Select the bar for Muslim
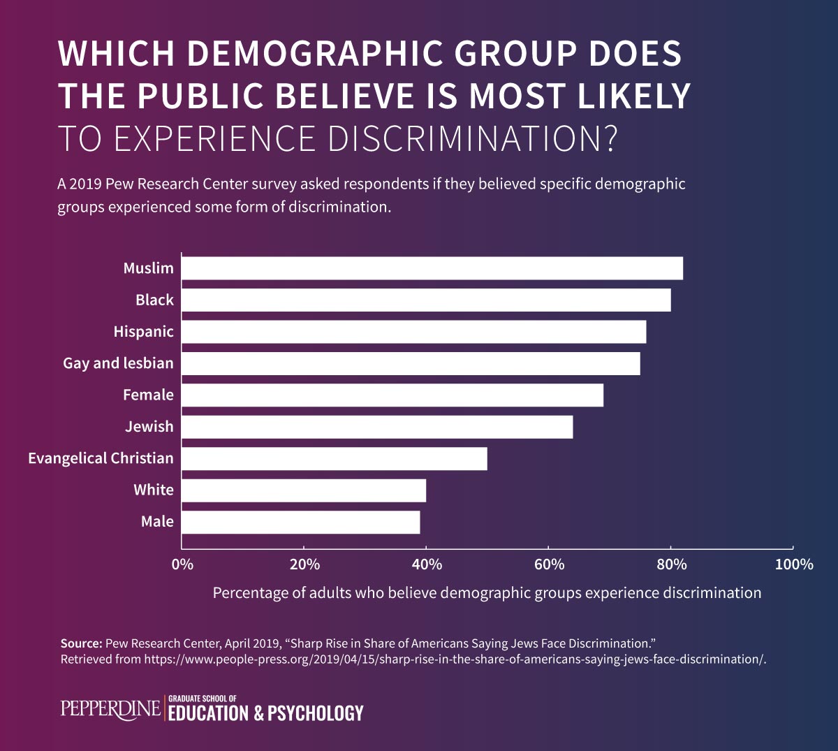pos(432,268)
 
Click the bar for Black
pos(426,300)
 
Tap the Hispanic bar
pos(414,332)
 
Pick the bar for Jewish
pos(377,427)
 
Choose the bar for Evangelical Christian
pos(335,458)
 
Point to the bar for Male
pos(301,522)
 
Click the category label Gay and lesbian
pos(118,363)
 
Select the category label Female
pos(148,395)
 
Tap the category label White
pos(154,490)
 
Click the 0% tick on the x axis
pos(182,564)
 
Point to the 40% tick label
pos(427,564)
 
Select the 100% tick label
pos(794,564)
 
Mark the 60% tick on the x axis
pos(549,564)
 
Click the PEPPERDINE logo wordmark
pos(110,708)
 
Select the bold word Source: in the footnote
pos(81,643)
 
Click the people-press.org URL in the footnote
pos(455,659)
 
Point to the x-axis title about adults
pos(487,593)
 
